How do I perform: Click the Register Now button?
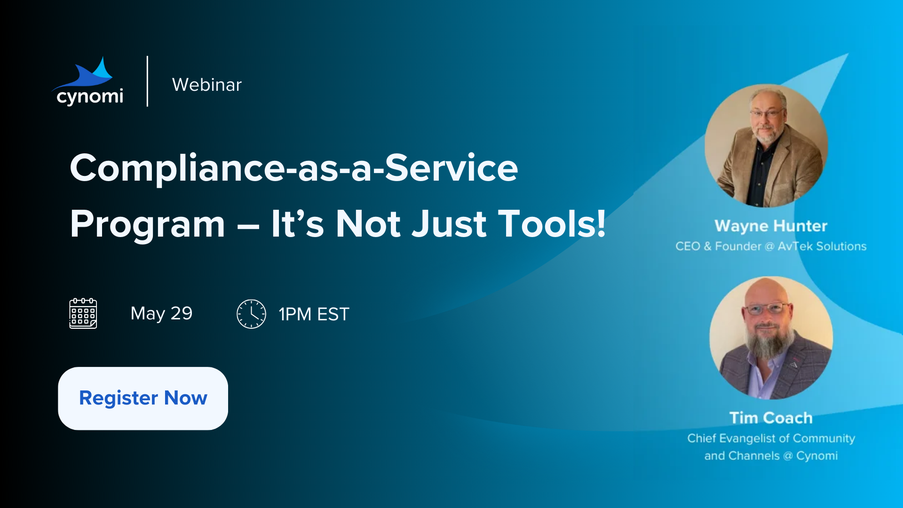[x=143, y=398]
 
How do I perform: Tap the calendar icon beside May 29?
[x=83, y=313]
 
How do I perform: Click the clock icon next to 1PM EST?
[x=251, y=314]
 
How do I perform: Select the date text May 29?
[x=161, y=313]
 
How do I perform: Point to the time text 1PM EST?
[x=314, y=314]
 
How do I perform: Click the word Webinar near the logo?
[x=207, y=85]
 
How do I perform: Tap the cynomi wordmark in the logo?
[x=90, y=96]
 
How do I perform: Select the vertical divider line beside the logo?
[x=147, y=81]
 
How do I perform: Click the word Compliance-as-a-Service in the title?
[x=294, y=168]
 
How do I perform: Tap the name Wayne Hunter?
[x=771, y=226]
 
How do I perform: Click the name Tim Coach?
[x=771, y=418]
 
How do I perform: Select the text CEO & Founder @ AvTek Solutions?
[x=771, y=246]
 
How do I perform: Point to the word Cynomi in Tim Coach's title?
[x=817, y=456]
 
